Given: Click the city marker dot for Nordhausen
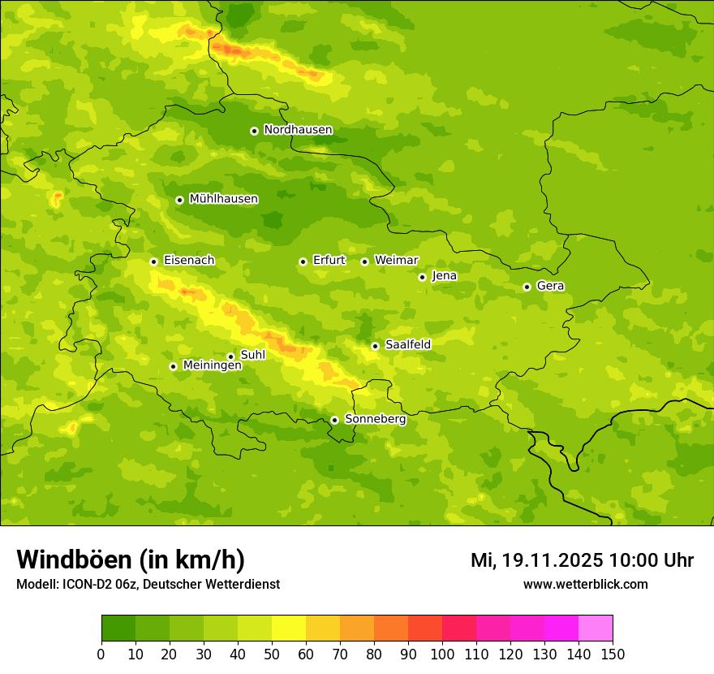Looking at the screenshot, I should click(254, 131).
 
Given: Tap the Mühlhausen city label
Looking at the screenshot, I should click(223, 199).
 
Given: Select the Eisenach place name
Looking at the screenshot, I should click(189, 261).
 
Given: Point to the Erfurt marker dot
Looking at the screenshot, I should click(303, 261).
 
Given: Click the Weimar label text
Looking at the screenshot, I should click(396, 261).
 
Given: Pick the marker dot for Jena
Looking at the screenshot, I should click(422, 277).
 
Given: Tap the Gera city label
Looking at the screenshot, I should click(550, 286).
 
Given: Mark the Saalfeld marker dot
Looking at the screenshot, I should click(375, 346).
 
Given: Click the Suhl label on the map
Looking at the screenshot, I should click(252, 355).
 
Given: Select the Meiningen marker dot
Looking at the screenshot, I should click(173, 366).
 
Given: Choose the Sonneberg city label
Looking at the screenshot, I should click(375, 419).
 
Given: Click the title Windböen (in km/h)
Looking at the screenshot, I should click(131, 560).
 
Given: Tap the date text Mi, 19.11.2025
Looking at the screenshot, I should click(536, 560).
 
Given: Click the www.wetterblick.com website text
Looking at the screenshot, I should click(585, 584).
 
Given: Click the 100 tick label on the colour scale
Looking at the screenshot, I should click(442, 654).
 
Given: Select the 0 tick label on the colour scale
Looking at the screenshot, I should click(101, 654).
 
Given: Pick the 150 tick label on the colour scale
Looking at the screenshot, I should click(613, 654).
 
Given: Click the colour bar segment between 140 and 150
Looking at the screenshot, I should click(596, 629).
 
